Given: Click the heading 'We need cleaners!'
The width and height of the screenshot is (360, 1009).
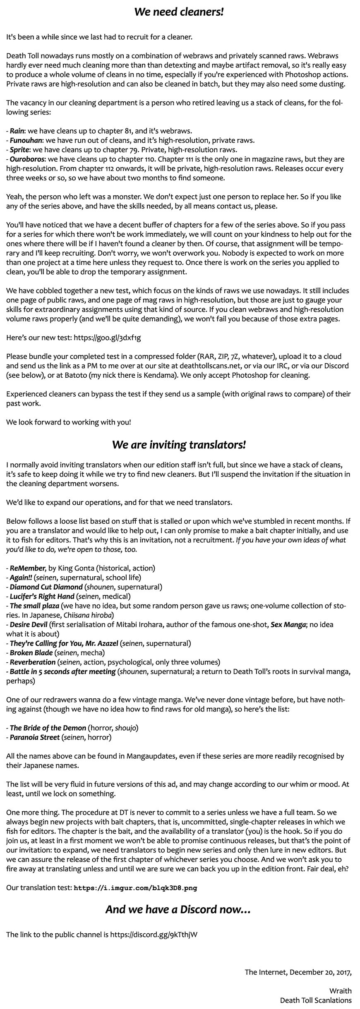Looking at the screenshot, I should tap(179, 12).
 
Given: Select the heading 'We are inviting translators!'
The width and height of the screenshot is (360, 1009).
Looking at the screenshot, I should tap(179, 445).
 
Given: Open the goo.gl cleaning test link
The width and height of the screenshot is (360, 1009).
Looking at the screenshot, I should tap(107, 338).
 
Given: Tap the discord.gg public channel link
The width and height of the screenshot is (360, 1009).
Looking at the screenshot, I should tap(154, 922).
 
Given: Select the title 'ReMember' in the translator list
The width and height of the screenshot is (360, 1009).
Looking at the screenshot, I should tap(26, 568).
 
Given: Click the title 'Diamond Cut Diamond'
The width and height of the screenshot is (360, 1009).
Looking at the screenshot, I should tap(46, 587).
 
